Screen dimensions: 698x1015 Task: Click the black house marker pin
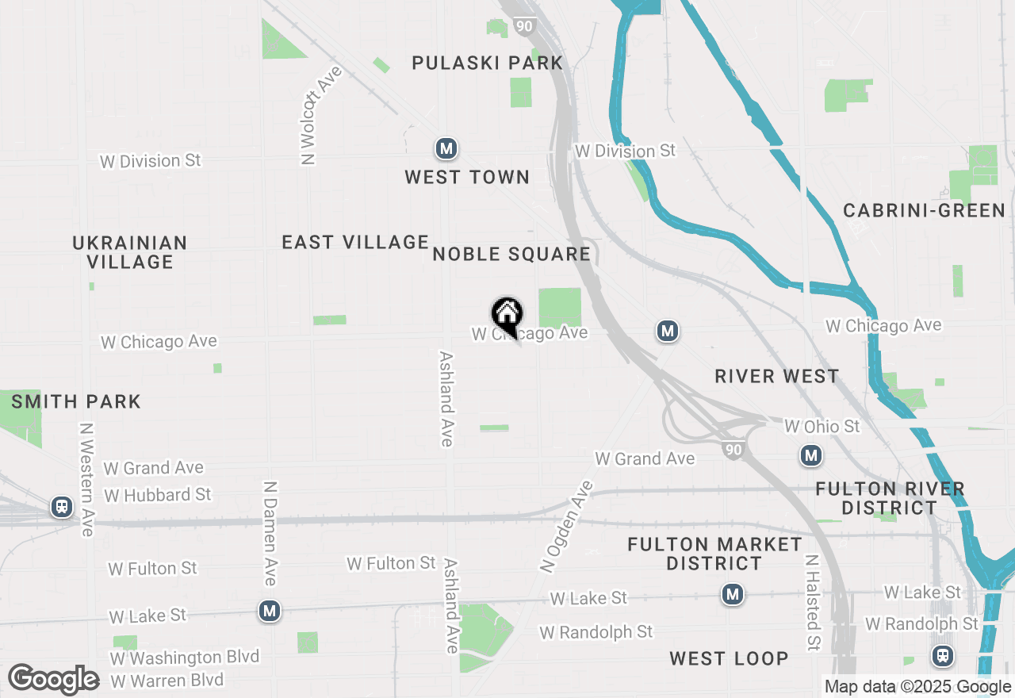[507, 315]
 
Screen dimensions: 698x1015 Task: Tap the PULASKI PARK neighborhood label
[487, 63]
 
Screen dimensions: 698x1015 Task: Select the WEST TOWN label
[467, 177]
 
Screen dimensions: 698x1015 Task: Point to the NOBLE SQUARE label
[511, 254]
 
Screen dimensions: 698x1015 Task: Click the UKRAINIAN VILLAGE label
[130, 252]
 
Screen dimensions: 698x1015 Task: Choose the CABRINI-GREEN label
[924, 210]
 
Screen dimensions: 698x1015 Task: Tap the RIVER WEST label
[776, 376]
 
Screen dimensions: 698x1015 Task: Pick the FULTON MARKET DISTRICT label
[714, 554]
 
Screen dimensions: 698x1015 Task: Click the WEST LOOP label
[729, 658]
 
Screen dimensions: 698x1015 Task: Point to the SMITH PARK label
[76, 401]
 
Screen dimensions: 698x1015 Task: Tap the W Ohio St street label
[822, 426]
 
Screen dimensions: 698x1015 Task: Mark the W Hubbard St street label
[158, 495]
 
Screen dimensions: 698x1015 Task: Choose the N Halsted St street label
[812, 602]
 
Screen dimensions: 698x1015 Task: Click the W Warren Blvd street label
[167, 681]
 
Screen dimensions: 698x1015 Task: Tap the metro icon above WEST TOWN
[446, 148]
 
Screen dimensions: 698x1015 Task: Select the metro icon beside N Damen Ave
[270, 611]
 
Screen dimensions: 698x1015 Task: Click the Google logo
[53, 680]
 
